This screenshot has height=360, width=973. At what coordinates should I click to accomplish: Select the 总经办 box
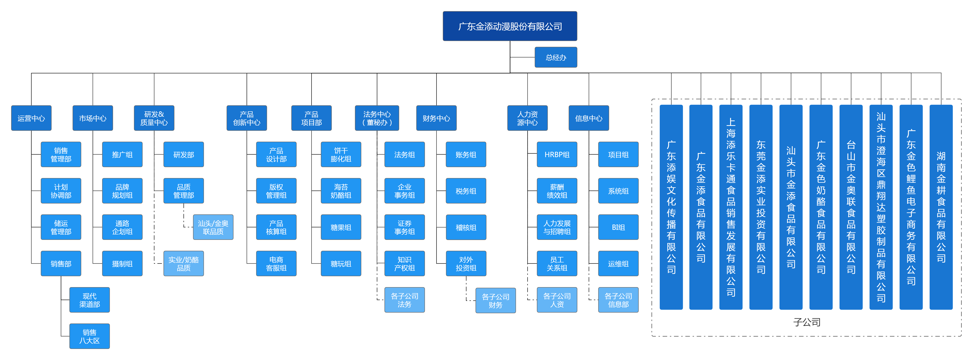tap(556, 57)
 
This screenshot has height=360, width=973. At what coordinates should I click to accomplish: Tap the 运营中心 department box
tap(31, 118)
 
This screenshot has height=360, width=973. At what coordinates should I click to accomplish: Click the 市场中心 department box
tap(93, 118)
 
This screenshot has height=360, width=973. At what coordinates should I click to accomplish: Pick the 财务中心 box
tap(436, 118)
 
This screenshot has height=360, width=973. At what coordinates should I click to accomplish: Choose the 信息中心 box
tap(589, 118)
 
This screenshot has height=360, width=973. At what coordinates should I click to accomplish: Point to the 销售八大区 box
tap(90, 336)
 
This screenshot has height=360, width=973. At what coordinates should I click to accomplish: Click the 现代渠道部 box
tap(90, 300)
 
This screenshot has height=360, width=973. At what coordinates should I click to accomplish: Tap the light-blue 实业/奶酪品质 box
tap(184, 264)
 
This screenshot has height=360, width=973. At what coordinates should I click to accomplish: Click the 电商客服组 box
tap(276, 264)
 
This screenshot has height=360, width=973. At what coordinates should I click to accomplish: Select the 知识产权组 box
tap(404, 264)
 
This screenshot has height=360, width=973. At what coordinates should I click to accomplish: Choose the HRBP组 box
tap(557, 155)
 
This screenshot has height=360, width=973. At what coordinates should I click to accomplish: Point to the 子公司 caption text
tap(807, 322)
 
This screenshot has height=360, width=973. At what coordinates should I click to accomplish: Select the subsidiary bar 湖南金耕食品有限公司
tap(941, 207)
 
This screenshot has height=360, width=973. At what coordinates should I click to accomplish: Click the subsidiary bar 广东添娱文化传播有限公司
tap(671, 207)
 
